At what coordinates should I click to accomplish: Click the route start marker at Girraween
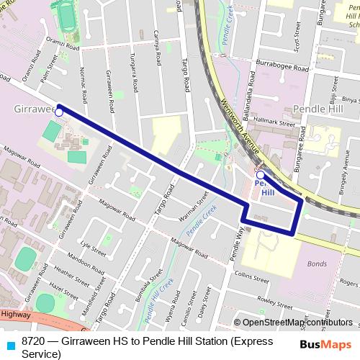click(59, 112)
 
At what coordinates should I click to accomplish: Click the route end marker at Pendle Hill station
click(260, 174)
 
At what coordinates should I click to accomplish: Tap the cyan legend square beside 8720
click(9, 342)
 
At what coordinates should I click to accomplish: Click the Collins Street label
click(251, 275)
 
